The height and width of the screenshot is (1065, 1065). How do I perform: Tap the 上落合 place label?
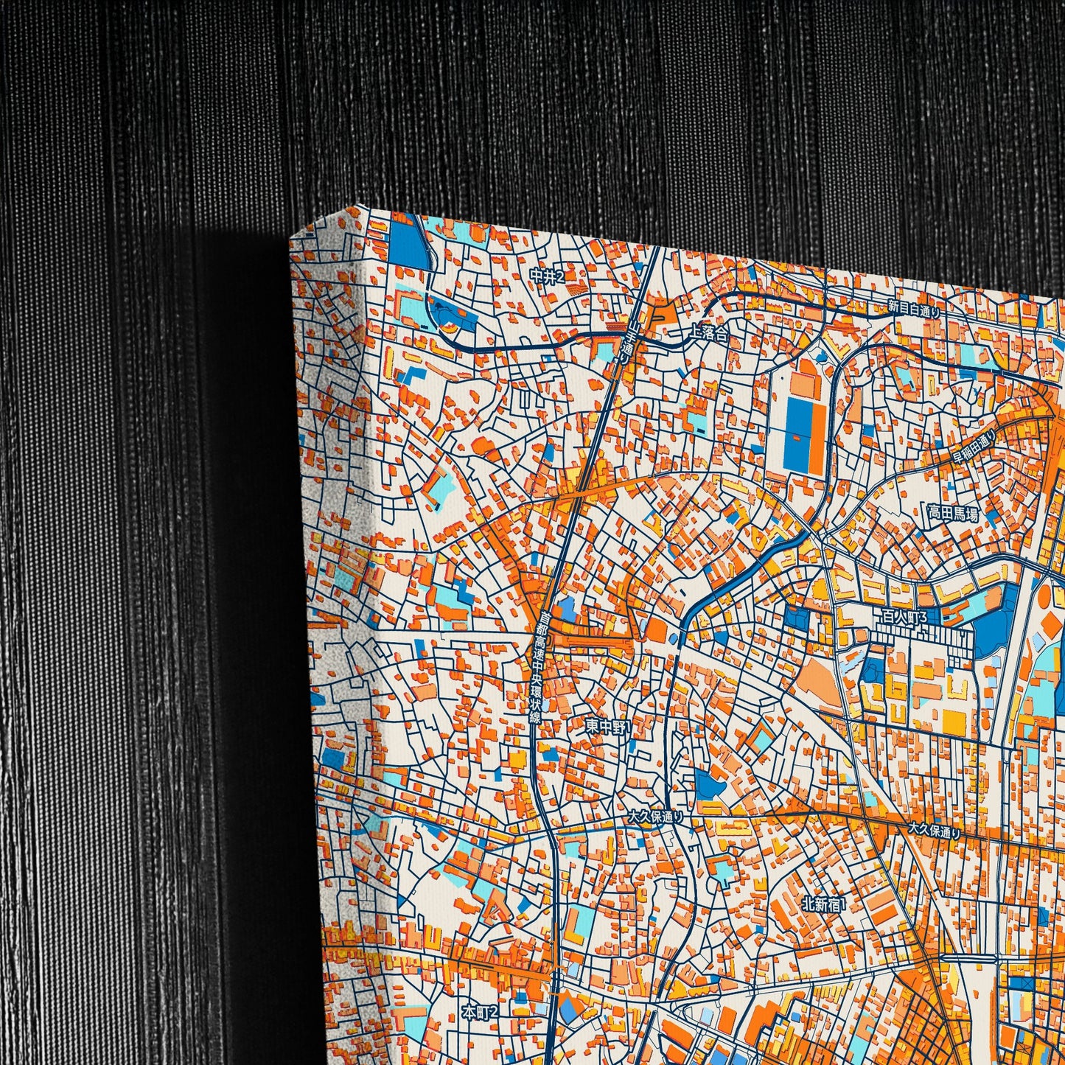tap(708, 333)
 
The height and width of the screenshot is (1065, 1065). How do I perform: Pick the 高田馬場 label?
tap(953, 514)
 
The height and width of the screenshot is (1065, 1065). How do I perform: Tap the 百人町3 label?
tap(900, 616)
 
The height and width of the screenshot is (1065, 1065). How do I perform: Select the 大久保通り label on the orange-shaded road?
tap(934, 830)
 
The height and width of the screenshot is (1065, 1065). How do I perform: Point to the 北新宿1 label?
tap(824, 902)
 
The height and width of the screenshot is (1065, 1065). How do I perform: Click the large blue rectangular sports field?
tap(797, 435)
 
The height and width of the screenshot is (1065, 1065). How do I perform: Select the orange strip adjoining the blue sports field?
tap(816, 435)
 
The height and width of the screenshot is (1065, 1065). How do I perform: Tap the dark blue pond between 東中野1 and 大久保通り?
tap(710, 784)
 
